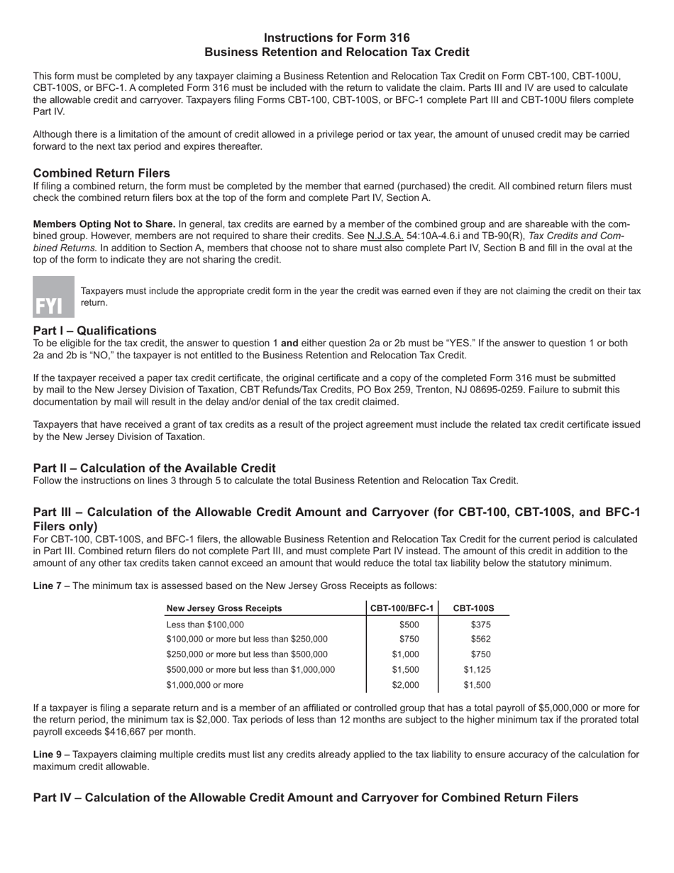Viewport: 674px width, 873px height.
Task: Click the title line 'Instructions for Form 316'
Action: click(336, 38)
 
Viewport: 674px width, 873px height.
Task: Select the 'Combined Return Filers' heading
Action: click(101, 173)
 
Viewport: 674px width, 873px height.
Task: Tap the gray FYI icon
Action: click(53, 297)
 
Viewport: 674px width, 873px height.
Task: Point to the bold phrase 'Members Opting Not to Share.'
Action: click(104, 224)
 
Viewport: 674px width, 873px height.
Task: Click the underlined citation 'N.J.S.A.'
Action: click(385, 236)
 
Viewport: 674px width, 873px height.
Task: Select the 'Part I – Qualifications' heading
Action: click(95, 331)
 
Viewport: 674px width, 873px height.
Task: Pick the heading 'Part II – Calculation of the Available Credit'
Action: click(155, 468)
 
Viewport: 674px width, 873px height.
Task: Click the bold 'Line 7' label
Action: click(47, 586)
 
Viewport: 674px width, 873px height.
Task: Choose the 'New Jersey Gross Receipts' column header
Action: click(223, 608)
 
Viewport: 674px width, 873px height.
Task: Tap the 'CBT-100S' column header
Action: click(473, 608)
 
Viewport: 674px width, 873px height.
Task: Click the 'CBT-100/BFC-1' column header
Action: click(402, 608)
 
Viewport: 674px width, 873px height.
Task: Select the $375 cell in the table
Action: click(480, 625)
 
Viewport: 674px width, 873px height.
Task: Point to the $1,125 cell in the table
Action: click(477, 669)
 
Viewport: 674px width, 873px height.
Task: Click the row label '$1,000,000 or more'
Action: click(204, 685)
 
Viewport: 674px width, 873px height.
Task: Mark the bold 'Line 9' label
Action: click(47, 754)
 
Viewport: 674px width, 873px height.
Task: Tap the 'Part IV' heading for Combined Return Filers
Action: click(305, 798)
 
